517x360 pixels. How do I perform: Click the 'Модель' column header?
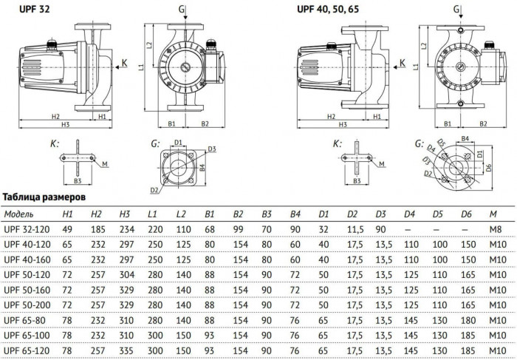pos(19,214)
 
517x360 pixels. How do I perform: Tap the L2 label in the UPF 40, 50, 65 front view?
pos(422,45)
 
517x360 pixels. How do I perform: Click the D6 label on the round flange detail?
pos(487,169)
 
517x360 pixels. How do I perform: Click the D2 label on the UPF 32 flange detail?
pos(154,191)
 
